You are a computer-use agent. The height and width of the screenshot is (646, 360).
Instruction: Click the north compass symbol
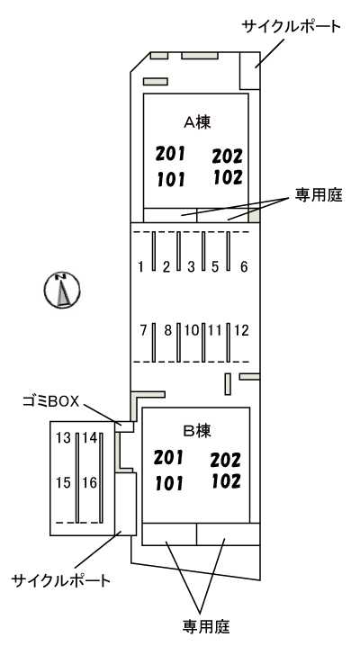click(62, 290)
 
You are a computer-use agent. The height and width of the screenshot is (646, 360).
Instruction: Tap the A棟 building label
click(197, 121)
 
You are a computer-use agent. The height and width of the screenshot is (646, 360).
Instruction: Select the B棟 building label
click(197, 431)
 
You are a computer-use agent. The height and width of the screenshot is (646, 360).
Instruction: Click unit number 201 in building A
click(170, 154)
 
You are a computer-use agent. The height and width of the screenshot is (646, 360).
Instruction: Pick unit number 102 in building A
click(228, 177)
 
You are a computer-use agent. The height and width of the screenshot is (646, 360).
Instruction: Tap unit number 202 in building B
click(226, 460)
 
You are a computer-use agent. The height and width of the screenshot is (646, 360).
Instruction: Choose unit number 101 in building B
click(169, 483)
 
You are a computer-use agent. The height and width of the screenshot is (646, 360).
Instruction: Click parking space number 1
click(141, 267)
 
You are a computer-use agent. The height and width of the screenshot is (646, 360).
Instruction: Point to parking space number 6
click(244, 267)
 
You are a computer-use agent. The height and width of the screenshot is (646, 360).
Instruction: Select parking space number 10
click(192, 330)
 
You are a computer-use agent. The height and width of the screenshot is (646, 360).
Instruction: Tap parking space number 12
click(241, 330)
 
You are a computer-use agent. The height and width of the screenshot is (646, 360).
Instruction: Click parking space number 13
click(64, 437)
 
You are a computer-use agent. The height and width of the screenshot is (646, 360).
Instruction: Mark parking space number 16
click(89, 482)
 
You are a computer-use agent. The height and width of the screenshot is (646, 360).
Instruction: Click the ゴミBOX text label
click(51, 401)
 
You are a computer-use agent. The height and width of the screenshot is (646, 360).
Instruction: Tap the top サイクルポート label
click(292, 27)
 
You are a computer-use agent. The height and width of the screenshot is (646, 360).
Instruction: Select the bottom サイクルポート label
click(61, 581)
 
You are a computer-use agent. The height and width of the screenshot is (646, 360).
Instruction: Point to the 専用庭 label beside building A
click(319, 194)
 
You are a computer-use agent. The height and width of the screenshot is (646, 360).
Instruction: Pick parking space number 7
click(144, 330)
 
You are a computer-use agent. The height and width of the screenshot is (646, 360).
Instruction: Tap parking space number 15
click(64, 482)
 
